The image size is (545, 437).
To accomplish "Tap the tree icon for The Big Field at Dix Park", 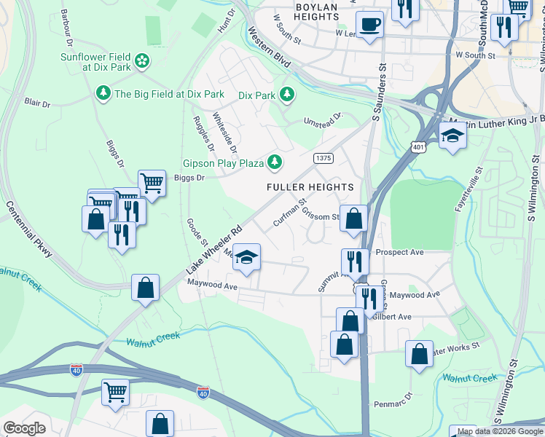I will coord(103,93).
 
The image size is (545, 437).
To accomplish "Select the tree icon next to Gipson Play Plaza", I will coord(275,162).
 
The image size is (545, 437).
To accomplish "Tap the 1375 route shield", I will coord(324,158).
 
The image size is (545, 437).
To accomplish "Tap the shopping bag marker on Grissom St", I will coord(354,218).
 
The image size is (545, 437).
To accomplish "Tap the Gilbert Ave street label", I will coord(392,317).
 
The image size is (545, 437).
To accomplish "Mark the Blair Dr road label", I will coord(36,103).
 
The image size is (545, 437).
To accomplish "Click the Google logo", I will coord(24,428).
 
